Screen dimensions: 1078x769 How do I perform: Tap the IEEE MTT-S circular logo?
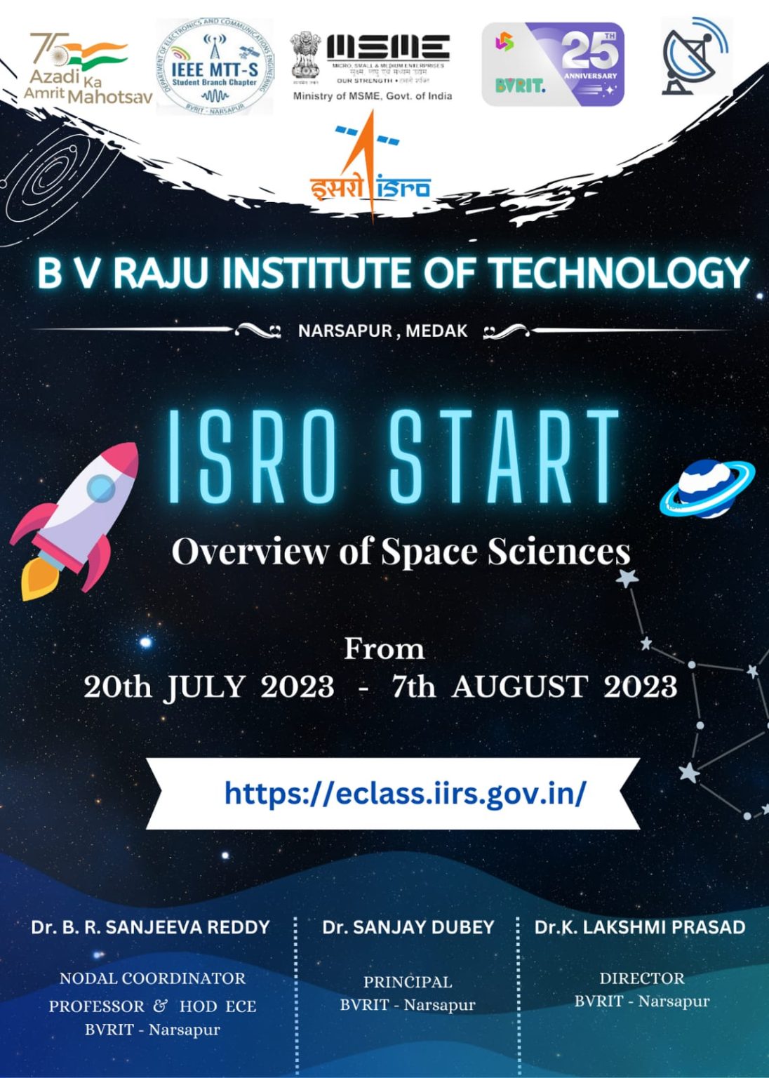(214, 67)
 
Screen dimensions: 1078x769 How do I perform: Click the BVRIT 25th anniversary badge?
(553, 65)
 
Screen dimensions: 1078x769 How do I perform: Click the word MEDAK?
(436, 331)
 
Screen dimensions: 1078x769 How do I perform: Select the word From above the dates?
(384, 649)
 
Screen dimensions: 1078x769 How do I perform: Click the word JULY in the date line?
(205, 687)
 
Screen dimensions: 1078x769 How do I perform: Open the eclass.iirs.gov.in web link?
(405, 794)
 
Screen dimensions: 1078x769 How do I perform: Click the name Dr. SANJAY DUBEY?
(408, 927)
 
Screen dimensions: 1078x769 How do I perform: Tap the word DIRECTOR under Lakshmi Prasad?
(641, 978)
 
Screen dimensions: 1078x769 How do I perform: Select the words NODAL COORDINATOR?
(152, 978)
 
